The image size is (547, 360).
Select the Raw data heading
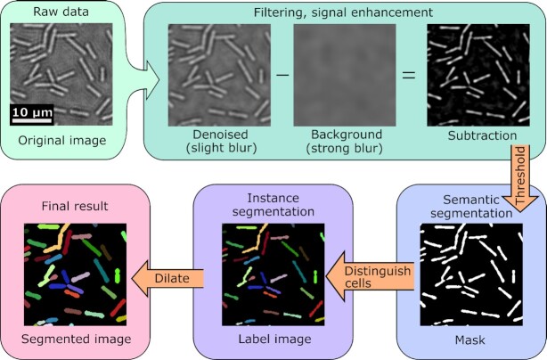point(60,12)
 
